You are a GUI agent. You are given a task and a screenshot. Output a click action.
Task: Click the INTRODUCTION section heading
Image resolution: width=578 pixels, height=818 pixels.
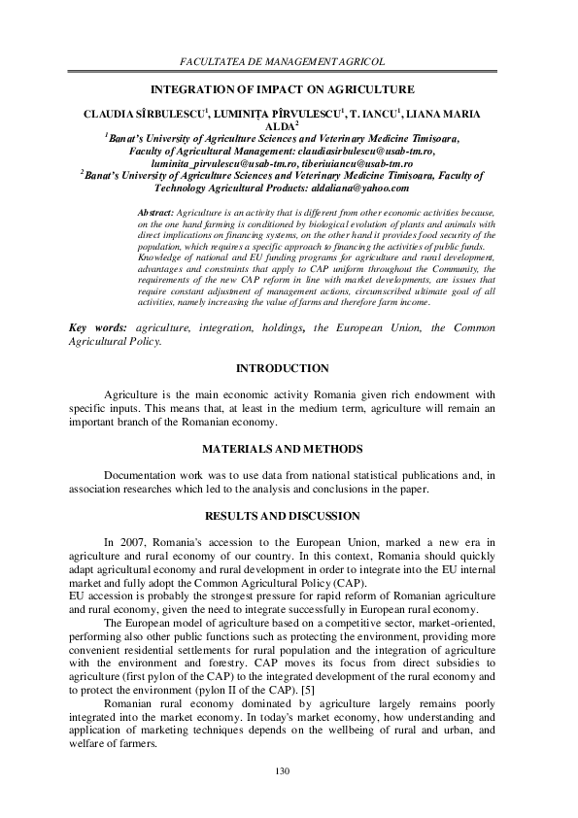(283, 368)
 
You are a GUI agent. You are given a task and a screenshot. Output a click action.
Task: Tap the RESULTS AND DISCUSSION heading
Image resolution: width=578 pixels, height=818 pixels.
(283, 515)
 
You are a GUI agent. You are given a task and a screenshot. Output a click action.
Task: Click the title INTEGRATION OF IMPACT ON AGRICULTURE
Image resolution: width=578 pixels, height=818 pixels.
(283, 87)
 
